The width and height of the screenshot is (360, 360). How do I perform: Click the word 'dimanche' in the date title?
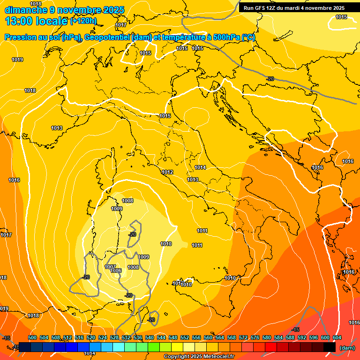point(25,10)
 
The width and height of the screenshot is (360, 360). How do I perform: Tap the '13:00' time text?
point(18,21)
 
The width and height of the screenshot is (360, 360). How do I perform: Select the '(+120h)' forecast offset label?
point(83,21)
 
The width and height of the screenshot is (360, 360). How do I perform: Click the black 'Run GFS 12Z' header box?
point(294,8)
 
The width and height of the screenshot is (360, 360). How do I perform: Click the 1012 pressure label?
point(167,172)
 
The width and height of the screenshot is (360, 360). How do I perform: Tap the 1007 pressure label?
point(111,267)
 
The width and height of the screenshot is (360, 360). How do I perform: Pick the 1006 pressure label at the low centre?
point(116,271)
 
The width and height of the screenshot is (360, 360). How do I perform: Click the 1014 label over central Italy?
point(200,167)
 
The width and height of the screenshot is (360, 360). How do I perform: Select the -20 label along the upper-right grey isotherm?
point(270,79)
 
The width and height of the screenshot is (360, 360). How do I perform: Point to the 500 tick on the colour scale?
point(32,337)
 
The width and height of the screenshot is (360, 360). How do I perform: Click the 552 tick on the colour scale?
point(185,337)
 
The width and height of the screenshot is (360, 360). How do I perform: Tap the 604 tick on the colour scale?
point(337,337)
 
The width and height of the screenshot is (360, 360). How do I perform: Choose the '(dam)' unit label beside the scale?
point(347,348)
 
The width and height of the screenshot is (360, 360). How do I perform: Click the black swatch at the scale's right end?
point(330,347)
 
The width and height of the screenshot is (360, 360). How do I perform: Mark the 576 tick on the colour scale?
point(255,337)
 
